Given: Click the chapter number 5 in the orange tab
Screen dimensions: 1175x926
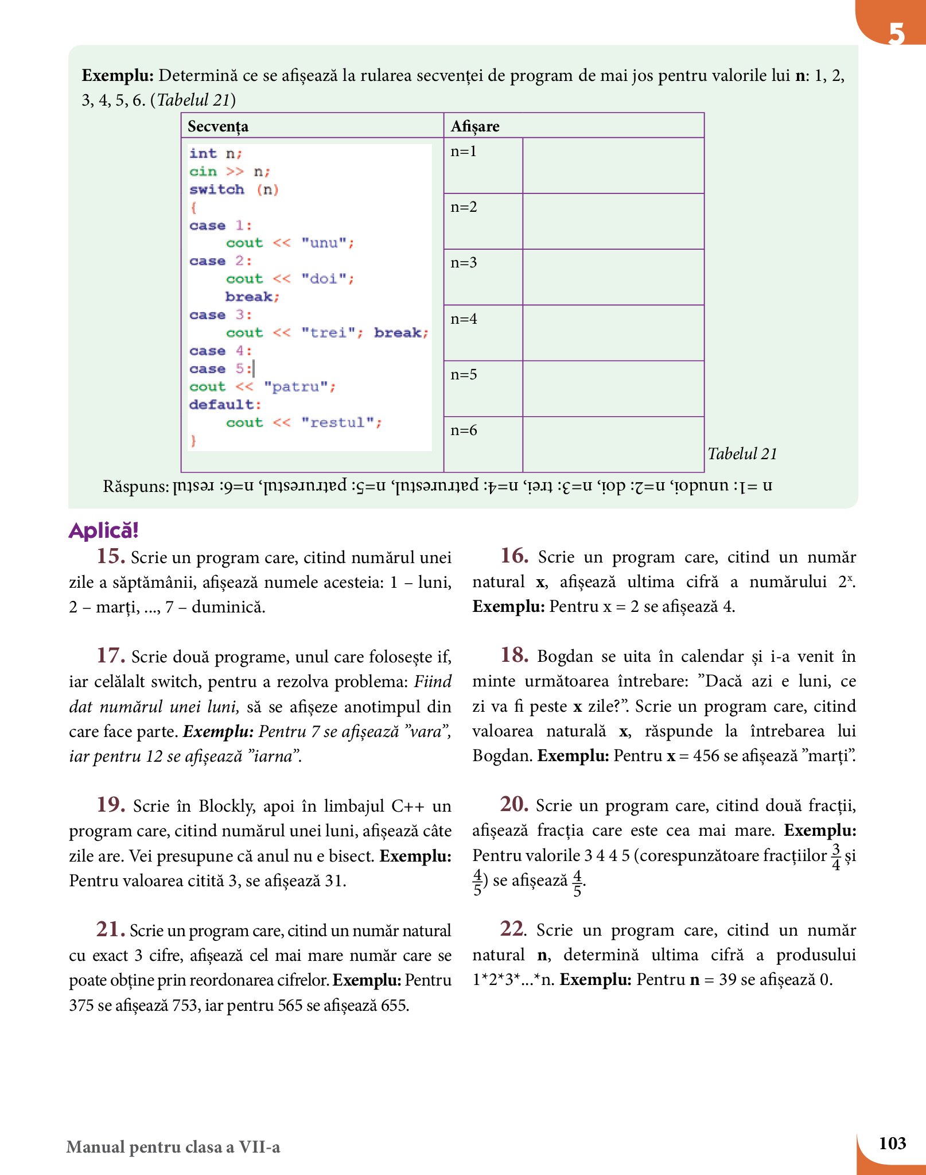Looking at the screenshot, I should [x=896, y=33].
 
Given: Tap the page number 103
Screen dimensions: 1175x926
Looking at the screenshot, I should [x=892, y=1143].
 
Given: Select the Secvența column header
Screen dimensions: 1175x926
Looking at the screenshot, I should [x=218, y=126].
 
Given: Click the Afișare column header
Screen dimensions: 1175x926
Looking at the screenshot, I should [x=475, y=126].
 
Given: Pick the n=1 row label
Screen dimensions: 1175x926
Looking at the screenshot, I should [x=464, y=152].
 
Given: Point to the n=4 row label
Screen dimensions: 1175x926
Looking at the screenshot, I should [x=464, y=319].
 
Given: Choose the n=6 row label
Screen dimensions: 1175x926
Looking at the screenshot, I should [x=464, y=431].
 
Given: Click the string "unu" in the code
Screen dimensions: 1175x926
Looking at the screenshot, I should [x=324, y=243].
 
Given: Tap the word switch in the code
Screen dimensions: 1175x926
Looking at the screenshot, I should [x=217, y=189].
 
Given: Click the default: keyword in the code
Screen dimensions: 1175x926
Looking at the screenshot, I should [x=225, y=405].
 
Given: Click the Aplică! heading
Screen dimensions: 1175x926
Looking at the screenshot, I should [x=104, y=530].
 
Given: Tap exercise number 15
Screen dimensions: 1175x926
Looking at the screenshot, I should [x=111, y=556].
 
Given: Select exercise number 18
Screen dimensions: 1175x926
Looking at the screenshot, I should [x=514, y=655].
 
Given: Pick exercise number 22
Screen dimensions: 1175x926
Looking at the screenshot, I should [x=513, y=929].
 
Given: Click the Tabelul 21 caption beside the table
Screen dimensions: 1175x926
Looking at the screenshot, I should [x=742, y=454].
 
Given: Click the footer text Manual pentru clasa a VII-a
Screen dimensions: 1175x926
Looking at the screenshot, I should [x=173, y=1147].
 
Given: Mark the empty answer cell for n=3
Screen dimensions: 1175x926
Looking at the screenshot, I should [x=613, y=277].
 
